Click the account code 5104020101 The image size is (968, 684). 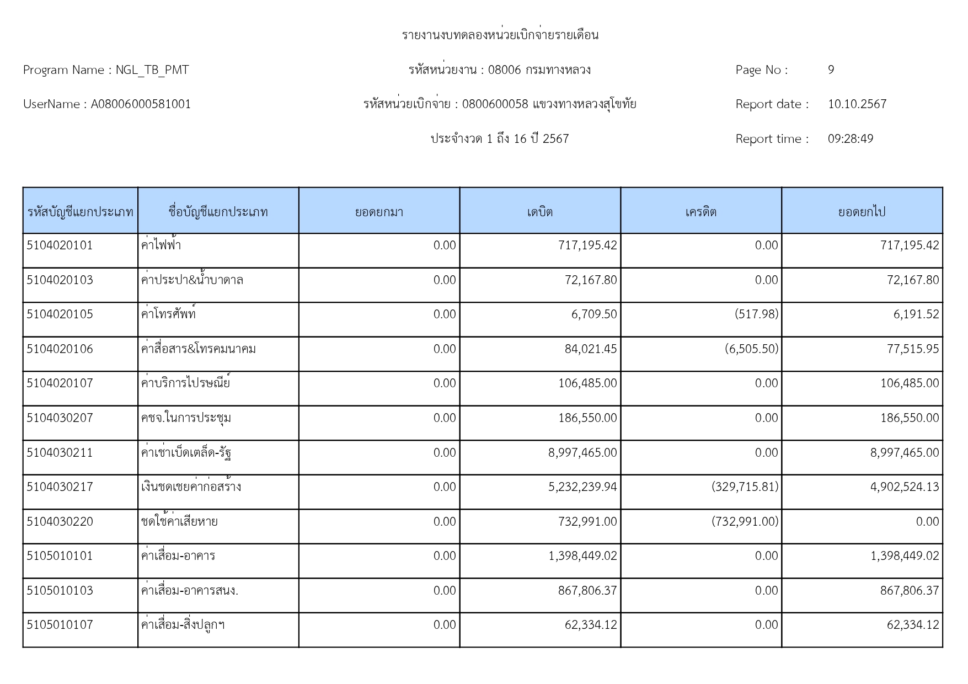click(x=60, y=245)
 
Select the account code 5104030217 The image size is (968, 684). click(x=60, y=487)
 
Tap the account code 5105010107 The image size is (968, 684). click(x=60, y=625)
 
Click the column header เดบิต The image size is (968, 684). click(x=539, y=212)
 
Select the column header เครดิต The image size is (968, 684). click(x=700, y=212)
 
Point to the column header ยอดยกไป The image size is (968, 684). click(x=862, y=212)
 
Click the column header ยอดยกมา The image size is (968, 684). click(x=379, y=212)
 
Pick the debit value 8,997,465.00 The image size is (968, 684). click(x=582, y=453)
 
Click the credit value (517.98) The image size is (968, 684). click(x=756, y=314)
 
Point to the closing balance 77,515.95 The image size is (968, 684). click(x=913, y=349)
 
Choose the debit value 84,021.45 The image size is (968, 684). click(x=591, y=349)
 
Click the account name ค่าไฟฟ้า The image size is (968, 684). click(x=161, y=245)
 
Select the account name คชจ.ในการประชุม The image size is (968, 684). click(x=186, y=418)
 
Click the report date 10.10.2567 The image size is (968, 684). click(x=857, y=104)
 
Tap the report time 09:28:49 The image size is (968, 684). click(x=850, y=139)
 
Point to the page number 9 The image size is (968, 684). click(x=831, y=70)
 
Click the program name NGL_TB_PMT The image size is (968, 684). click(x=152, y=70)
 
